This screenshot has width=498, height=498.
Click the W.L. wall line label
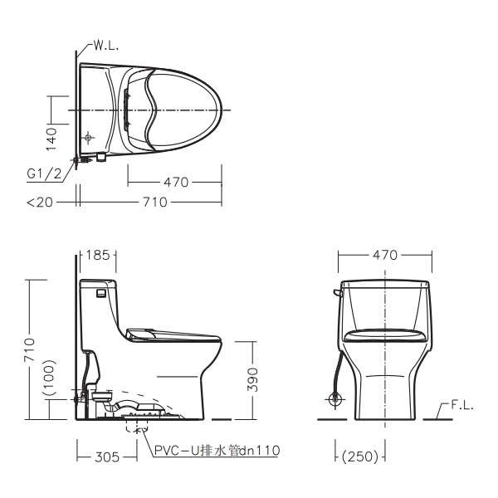pos(106,46)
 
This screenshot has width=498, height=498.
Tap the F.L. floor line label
pos(462,406)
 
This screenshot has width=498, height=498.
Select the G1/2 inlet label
pos(44,173)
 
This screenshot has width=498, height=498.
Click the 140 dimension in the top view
pos(51,139)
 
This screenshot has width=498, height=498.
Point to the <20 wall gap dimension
pos(40,202)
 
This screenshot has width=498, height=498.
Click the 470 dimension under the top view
pos(176,183)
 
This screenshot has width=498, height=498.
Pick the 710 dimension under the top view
pos(155,202)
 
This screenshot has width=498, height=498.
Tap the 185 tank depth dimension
pos(98,255)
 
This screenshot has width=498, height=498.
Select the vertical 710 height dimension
pos(29,350)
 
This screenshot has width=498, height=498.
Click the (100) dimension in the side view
pos(50,378)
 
